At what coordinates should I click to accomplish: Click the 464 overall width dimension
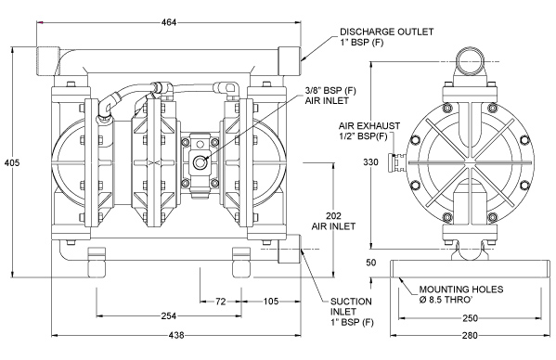click(x=169, y=22)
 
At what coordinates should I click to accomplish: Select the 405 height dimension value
click(x=12, y=163)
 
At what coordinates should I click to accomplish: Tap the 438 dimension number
click(x=176, y=335)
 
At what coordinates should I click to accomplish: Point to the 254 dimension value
click(x=169, y=315)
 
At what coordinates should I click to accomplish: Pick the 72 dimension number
click(x=221, y=302)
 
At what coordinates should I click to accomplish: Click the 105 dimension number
click(x=271, y=302)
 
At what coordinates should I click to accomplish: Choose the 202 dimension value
click(x=333, y=216)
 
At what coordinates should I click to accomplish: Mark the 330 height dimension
click(x=370, y=162)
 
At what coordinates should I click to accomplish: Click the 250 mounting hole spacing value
click(x=471, y=318)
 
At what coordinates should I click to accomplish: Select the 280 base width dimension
click(x=471, y=335)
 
